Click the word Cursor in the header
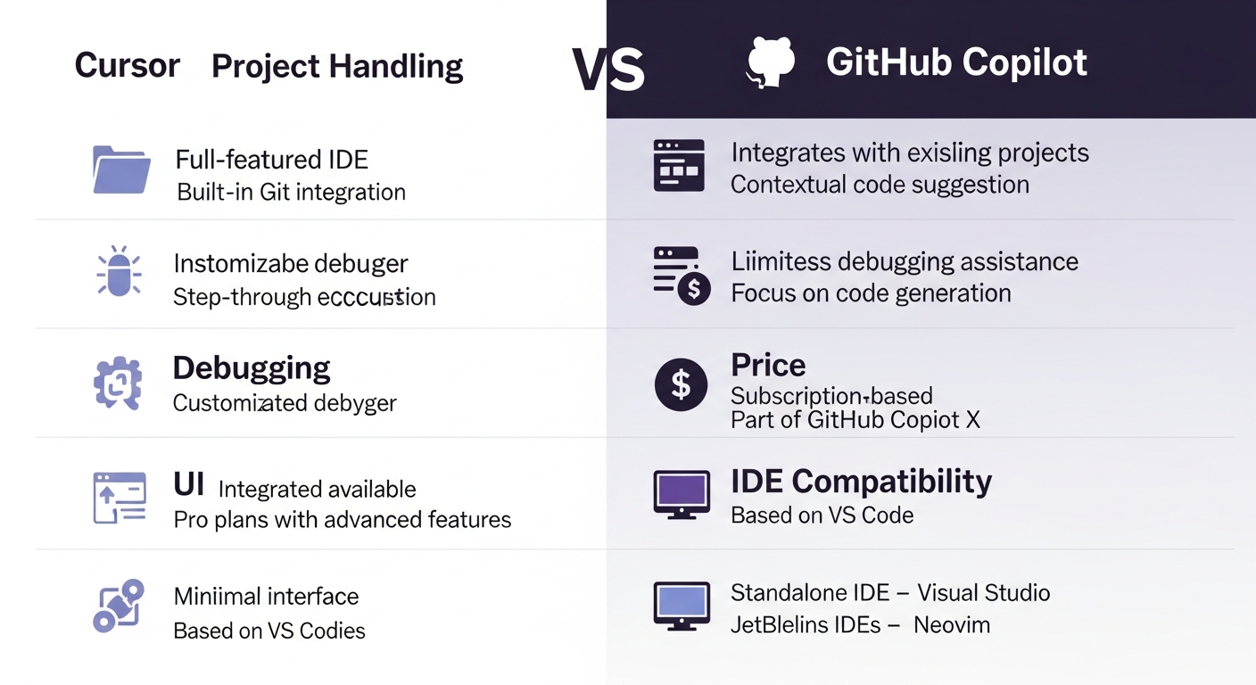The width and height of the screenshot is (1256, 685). click(127, 65)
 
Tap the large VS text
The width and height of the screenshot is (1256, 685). click(607, 70)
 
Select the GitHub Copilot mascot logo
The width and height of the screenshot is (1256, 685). click(771, 62)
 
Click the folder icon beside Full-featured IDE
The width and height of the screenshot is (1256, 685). click(121, 169)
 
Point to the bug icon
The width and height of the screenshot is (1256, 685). click(119, 271)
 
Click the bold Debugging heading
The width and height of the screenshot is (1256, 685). click(251, 367)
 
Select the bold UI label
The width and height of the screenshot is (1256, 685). click(188, 485)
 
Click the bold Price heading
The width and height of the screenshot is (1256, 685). click(768, 365)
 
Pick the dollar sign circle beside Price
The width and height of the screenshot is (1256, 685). click(682, 384)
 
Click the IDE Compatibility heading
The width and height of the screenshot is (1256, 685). click(861, 482)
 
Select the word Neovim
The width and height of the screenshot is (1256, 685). click(952, 624)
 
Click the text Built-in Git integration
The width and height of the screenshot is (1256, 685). click(291, 192)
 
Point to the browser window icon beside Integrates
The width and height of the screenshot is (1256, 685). click(679, 165)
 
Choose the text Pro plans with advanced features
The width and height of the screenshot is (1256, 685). click(342, 519)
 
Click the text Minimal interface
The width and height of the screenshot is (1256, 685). click(266, 596)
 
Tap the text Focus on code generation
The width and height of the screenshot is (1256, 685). click(871, 293)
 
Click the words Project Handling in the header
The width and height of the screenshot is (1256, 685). click(337, 66)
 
